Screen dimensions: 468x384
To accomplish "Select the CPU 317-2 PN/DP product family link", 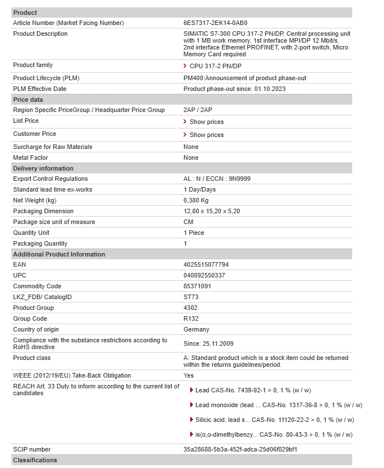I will pos(215,67).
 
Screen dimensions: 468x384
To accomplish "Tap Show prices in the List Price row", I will pos(206,122).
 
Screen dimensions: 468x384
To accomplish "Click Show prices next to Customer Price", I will pos(206,135).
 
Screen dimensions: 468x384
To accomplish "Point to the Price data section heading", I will pos(28,100).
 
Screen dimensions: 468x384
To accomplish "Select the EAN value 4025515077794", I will pos(206,264).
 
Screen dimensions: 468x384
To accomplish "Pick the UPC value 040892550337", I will pos(204,275).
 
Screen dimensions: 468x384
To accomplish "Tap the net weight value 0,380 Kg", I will pos(196,200).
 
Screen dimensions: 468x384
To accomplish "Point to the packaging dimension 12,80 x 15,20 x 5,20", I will pos(211,211).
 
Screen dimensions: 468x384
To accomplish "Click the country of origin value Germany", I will pos(196,329).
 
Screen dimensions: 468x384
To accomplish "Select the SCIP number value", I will pos(240,449).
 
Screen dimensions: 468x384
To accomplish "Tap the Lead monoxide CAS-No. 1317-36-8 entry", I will pos(278,405).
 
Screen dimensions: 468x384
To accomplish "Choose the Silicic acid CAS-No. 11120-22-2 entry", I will pos(274,420).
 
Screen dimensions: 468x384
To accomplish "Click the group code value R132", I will pos(191,318).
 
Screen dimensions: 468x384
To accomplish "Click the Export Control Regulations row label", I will pos(50,179).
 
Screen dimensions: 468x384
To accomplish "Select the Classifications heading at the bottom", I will pos(35,460).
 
